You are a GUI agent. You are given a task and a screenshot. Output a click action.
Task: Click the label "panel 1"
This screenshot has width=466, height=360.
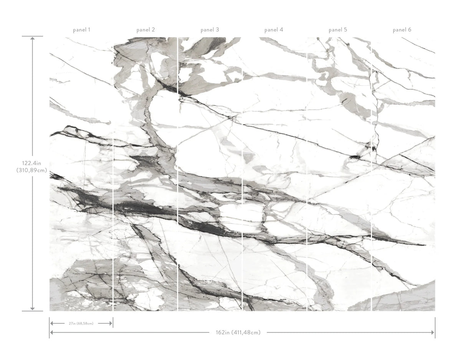(x=81, y=30)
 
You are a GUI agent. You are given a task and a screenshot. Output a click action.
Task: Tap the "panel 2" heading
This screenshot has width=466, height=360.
(x=145, y=30)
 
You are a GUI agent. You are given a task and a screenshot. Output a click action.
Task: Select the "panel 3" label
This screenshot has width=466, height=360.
(x=210, y=30)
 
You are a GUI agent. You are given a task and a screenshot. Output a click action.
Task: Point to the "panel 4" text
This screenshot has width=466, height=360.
(x=274, y=30)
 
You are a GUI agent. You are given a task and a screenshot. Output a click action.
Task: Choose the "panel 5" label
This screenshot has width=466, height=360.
(x=338, y=30)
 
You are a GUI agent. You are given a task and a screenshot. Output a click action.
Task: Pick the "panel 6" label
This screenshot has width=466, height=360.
(x=402, y=30)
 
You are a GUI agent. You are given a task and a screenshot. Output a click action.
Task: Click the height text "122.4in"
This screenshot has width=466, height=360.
(x=32, y=163)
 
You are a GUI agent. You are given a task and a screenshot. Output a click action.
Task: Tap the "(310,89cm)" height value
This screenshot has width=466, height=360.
(x=32, y=170)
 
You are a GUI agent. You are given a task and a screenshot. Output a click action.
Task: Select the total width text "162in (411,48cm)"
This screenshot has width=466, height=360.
(x=238, y=332)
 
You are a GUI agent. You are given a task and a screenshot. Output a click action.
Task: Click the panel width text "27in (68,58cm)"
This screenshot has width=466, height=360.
(x=81, y=324)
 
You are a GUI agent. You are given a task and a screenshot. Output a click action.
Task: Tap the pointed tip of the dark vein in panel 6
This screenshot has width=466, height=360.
(x=425, y=244)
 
